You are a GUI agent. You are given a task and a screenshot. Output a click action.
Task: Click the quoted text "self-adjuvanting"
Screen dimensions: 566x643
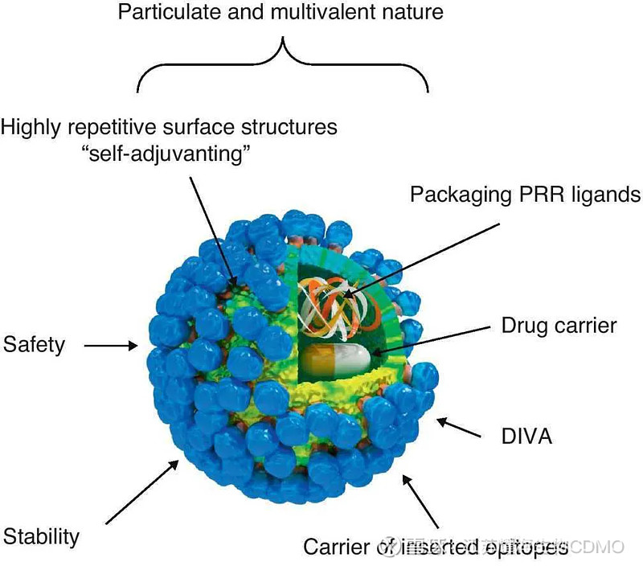point(168,153)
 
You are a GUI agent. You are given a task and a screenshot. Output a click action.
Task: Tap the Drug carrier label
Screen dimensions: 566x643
point(559,326)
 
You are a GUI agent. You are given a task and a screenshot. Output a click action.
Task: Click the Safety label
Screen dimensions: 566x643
point(34,346)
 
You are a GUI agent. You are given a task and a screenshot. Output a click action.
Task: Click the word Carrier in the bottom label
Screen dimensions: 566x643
point(337,548)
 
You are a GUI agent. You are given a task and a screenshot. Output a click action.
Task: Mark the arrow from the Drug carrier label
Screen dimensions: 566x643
point(431,338)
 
